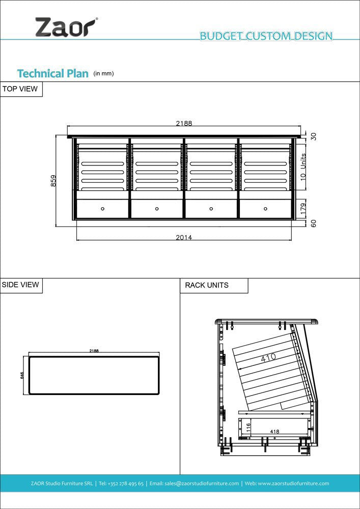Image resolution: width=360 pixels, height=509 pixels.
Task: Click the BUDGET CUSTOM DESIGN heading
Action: pos(266,36)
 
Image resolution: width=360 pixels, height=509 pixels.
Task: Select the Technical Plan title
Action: pos(52,73)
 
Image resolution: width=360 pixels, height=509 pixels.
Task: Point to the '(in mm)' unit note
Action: pos(103,74)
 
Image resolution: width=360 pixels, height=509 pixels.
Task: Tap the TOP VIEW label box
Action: pos(21,89)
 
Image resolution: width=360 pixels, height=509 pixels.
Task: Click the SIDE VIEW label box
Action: pos(21,285)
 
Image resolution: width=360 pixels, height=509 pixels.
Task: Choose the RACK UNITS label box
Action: pos(213,286)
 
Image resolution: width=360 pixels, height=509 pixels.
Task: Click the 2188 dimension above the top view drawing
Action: pos(184,123)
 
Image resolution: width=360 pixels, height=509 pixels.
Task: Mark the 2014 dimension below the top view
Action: pos(184,237)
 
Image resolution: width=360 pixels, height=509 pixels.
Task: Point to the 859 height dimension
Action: pos(53,181)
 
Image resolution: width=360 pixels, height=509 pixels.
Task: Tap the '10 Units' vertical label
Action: pos(303,168)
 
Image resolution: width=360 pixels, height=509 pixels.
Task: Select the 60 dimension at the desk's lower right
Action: pos(314,223)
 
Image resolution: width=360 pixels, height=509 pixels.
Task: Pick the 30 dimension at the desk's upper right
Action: pos(314,136)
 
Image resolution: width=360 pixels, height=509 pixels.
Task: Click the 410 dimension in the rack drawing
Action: pos(268,358)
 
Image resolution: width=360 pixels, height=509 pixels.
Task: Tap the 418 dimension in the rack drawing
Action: pos(274,432)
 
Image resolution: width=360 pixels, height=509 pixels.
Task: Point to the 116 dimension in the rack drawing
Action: pos(248,428)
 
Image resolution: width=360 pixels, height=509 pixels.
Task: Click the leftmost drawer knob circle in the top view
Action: pos(102,208)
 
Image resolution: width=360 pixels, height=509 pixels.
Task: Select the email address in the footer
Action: pos(194,484)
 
